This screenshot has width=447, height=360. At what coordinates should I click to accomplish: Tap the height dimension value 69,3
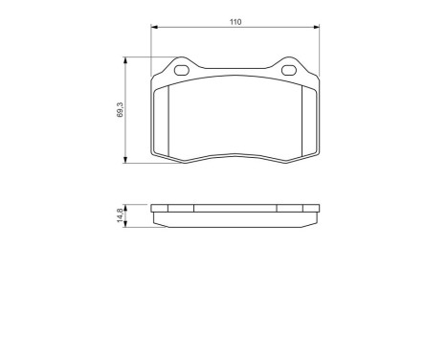click(120, 111)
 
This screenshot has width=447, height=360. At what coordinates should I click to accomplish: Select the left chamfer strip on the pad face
click(162, 120)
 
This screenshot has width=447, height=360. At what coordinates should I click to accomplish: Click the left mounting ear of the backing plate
click(181, 65)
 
